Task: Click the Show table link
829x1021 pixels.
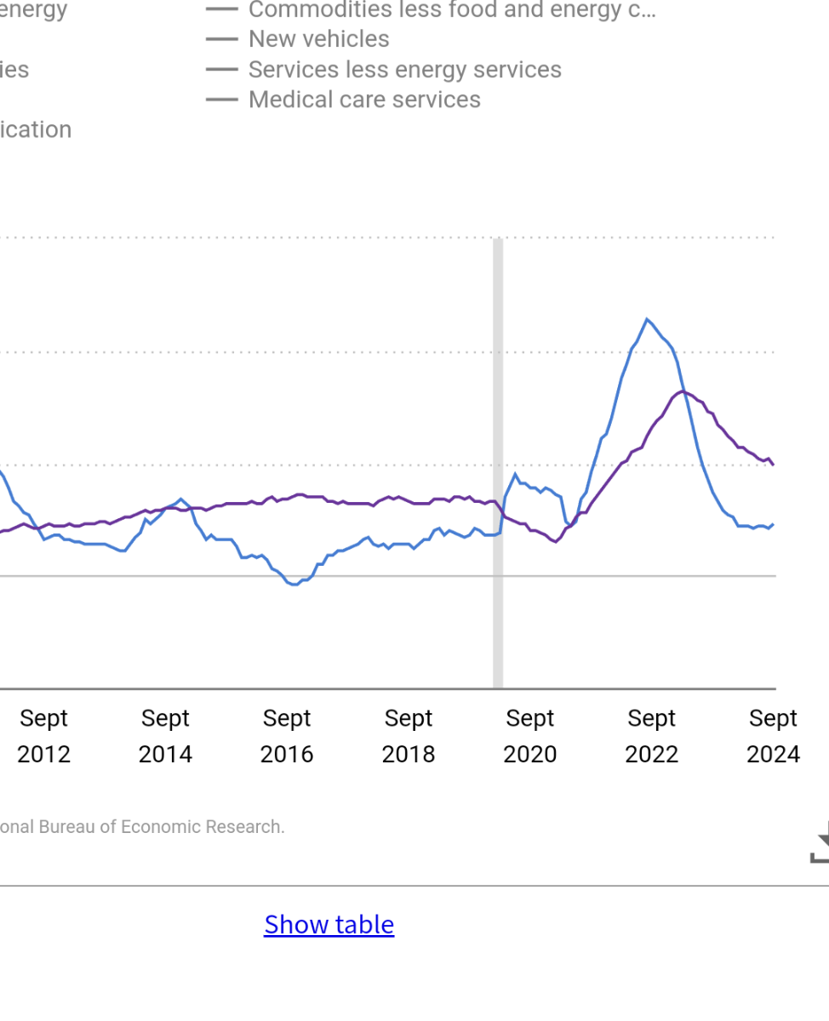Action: [329, 924]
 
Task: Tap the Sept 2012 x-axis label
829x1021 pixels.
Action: [43, 736]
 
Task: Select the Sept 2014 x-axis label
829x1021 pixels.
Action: [165, 736]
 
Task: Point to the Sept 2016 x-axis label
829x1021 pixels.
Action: [287, 736]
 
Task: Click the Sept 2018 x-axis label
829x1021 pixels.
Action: [409, 736]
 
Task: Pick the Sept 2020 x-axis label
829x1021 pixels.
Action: [530, 736]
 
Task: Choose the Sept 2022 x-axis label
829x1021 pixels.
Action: [652, 736]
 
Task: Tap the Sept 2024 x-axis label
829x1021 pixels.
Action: [773, 736]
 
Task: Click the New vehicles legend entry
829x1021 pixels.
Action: [318, 39]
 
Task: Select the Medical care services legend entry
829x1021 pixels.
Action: [363, 100]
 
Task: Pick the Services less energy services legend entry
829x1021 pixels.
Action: [404, 70]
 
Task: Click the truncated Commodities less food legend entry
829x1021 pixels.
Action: [451, 10]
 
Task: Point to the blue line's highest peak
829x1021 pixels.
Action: [648, 319]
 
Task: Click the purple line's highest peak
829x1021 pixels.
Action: [683, 391]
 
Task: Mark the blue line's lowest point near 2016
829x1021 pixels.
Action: [294, 585]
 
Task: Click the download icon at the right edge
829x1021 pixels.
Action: [820, 841]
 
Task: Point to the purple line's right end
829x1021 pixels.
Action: [773, 465]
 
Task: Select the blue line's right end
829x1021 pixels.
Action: [773, 524]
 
